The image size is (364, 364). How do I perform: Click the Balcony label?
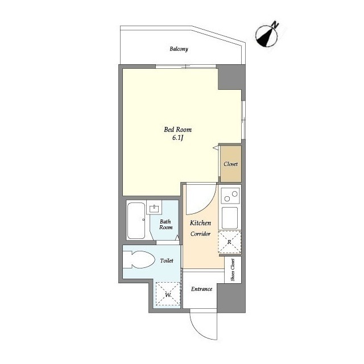pyautogui.click(x=179, y=49)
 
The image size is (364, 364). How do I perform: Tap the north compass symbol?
pyautogui.click(x=267, y=36)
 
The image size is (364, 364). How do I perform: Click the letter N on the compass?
pyautogui.click(x=275, y=24)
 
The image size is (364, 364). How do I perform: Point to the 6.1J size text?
pyautogui.click(x=178, y=138)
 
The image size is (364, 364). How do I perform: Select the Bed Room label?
pyautogui.click(x=178, y=129)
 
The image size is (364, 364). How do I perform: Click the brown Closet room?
pyautogui.click(x=231, y=164)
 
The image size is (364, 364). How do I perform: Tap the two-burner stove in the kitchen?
pyautogui.click(x=230, y=196)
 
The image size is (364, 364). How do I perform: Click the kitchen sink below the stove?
pyautogui.click(x=230, y=217)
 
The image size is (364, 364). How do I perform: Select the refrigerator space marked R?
pyautogui.click(x=230, y=242)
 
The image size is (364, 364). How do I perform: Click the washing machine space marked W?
pyautogui.click(x=168, y=295)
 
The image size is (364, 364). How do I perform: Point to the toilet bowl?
pyautogui.click(x=139, y=259)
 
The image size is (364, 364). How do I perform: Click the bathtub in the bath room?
pyautogui.click(x=136, y=221)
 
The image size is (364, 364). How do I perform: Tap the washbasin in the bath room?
pyautogui.click(x=154, y=209)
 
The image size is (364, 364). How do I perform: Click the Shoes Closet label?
pyautogui.click(x=233, y=270)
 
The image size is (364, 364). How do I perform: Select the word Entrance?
pyautogui.click(x=201, y=289)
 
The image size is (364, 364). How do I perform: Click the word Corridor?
pyautogui.click(x=200, y=234)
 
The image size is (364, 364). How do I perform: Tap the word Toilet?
pyautogui.click(x=167, y=260)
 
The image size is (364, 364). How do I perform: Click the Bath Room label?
pyautogui.click(x=166, y=225)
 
